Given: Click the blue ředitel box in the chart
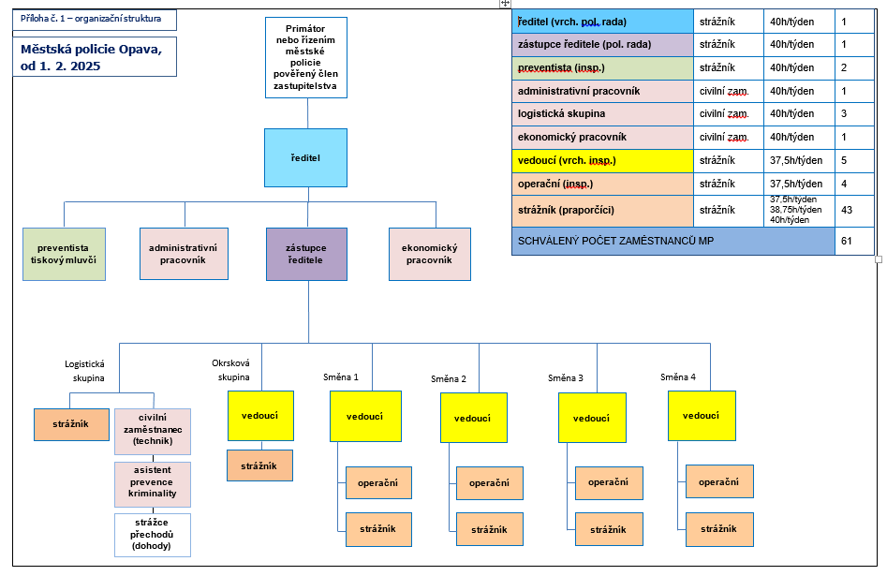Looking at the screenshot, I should pos(305,157).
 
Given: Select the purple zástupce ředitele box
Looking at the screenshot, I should pos(305,254).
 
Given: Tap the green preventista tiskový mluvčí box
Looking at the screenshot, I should pos(64,254).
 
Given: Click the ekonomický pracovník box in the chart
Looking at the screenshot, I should pos(429,254).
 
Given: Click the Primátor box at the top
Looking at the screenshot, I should pos(306,58).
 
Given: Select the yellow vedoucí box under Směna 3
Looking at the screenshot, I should pos(592,418).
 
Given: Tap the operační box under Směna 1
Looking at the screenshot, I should pos(378,482).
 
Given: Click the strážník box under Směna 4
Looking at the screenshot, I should pos(719,529).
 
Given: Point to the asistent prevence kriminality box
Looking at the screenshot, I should pos(153,484).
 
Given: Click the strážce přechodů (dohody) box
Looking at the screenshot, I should pos(153,534).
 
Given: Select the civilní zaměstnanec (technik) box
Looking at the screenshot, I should pos(153,432).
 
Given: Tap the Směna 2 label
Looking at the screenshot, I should pos(449,378).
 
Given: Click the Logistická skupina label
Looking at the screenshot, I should pos(84,371).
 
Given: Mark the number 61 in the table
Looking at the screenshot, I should pos(847,241).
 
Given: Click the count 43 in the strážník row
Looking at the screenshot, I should pos(847,210).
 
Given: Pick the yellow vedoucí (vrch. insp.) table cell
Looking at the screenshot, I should pos(602,160).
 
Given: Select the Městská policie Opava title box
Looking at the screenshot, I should pos(95,57).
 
